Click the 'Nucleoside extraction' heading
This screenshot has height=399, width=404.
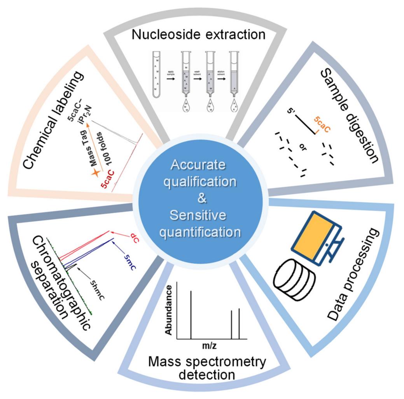coord(198,34)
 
